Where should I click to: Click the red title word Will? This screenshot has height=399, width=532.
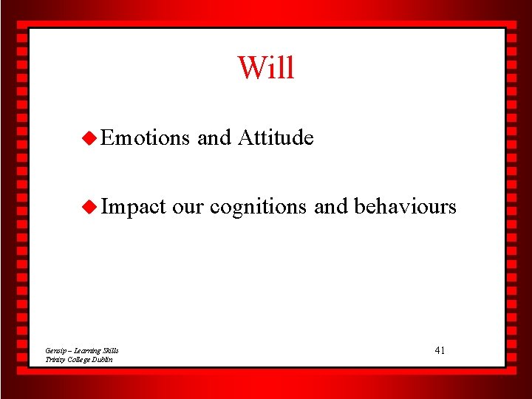266,68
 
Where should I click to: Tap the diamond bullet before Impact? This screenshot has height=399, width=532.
89,207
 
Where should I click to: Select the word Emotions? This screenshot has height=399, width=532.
146,138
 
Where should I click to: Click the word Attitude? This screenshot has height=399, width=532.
276,138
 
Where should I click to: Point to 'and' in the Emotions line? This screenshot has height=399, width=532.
214,138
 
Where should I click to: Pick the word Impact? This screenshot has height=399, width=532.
134,207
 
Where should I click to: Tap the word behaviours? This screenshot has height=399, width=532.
405,207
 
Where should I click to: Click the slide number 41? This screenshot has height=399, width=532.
440,350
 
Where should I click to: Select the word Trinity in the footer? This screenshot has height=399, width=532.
55,359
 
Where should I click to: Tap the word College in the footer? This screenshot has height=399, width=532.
80,359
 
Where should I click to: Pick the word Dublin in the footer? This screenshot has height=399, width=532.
103,359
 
